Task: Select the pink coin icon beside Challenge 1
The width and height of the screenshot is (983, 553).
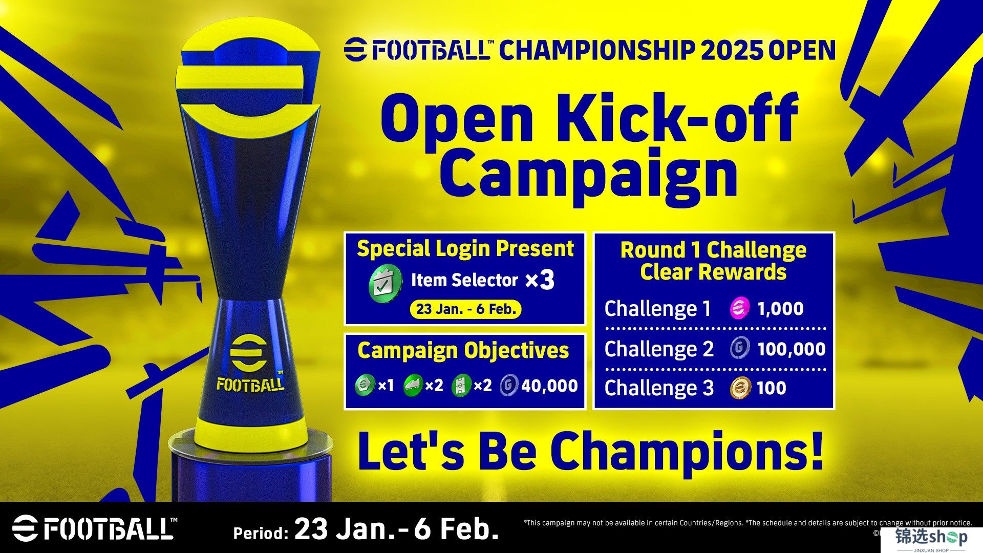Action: click(739, 309)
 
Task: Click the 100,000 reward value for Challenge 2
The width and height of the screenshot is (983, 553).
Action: click(791, 349)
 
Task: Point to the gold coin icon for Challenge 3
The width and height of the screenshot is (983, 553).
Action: click(740, 388)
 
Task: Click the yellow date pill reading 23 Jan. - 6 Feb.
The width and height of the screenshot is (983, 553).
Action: click(465, 309)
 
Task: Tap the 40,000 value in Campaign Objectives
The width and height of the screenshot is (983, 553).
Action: click(549, 386)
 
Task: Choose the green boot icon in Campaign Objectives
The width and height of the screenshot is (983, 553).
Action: click(413, 386)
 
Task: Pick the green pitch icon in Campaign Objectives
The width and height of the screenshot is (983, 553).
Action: click(461, 386)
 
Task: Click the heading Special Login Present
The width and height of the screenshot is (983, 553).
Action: click(465, 249)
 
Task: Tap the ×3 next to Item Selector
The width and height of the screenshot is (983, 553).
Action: click(540, 280)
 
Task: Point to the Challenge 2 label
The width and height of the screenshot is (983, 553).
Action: click(659, 349)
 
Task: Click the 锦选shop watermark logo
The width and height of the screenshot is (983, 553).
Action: click(931, 539)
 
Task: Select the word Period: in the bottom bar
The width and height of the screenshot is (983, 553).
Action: click(260, 533)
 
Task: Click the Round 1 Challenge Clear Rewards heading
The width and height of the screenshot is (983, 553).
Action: click(713, 261)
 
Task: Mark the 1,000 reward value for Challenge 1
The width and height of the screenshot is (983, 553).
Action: click(780, 309)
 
